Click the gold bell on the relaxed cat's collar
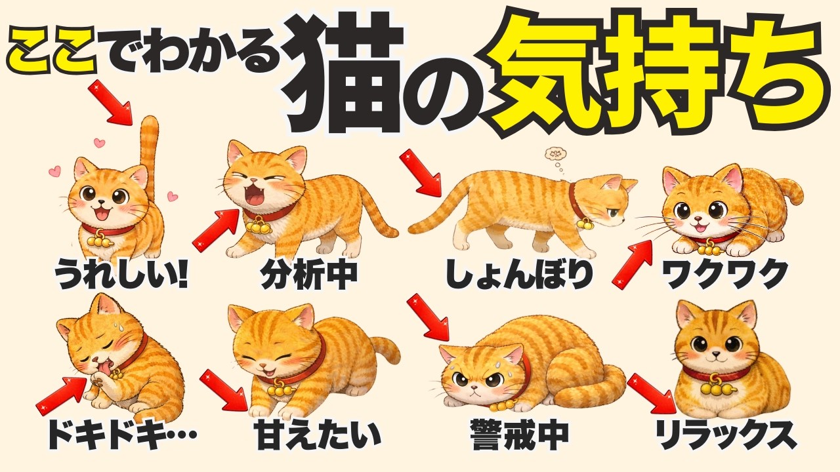click(x=717, y=388)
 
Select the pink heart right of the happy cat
click(x=173, y=195)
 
